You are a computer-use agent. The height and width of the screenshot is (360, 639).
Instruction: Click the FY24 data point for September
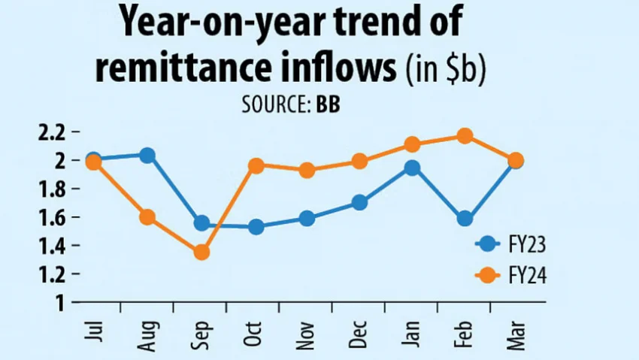point(201,252)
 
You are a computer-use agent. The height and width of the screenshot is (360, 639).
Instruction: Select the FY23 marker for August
point(147,156)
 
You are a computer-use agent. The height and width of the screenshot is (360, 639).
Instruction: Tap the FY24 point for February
point(465,136)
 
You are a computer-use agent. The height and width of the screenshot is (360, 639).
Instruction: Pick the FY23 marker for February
point(465,219)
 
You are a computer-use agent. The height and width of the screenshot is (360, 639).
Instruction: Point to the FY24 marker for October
point(256,166)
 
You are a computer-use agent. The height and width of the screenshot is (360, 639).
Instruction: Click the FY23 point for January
point(411,168)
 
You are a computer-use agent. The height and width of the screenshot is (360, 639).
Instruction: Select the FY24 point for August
point(147,217)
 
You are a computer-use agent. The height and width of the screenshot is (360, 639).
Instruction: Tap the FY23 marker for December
point(359,202)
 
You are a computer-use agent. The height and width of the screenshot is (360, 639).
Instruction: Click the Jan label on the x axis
point(412,328)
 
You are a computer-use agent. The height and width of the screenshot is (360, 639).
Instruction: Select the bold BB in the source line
point(329,104)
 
